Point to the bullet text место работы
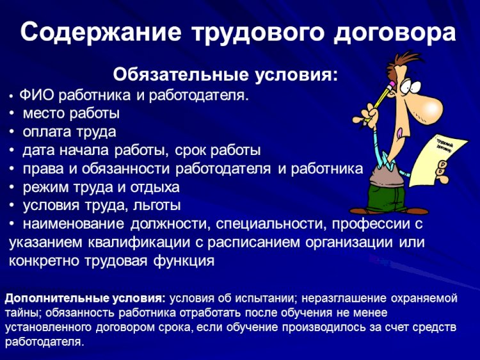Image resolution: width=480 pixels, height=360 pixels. tap(71, 114)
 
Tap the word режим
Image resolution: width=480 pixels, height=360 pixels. tap(44, 188)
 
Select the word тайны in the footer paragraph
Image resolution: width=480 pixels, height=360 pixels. tap(22, 313)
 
